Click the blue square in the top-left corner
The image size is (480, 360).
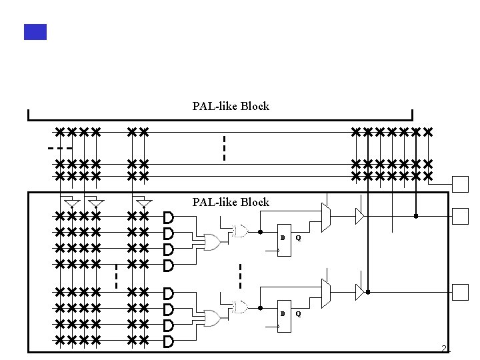(35, 31)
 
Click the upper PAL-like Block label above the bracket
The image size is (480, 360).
(231, 106)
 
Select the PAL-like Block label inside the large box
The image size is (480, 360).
(231, 202)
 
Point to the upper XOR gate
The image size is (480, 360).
(239, 231)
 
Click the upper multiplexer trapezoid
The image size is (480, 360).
(325, 215)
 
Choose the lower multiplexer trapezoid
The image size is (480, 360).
(325, 291)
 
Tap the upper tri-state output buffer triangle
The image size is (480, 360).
(359, 216)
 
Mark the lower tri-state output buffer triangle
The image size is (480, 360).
(359, 291)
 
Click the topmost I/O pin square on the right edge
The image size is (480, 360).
(461, 183)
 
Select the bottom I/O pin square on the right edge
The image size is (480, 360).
(461, 291)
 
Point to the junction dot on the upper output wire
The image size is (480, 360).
(416, 216)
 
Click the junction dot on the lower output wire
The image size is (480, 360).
(367, 292)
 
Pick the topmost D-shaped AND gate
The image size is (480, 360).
(169, 217)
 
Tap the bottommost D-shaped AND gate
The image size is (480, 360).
(169, 342)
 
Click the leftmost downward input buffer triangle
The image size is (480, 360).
(73, 203)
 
